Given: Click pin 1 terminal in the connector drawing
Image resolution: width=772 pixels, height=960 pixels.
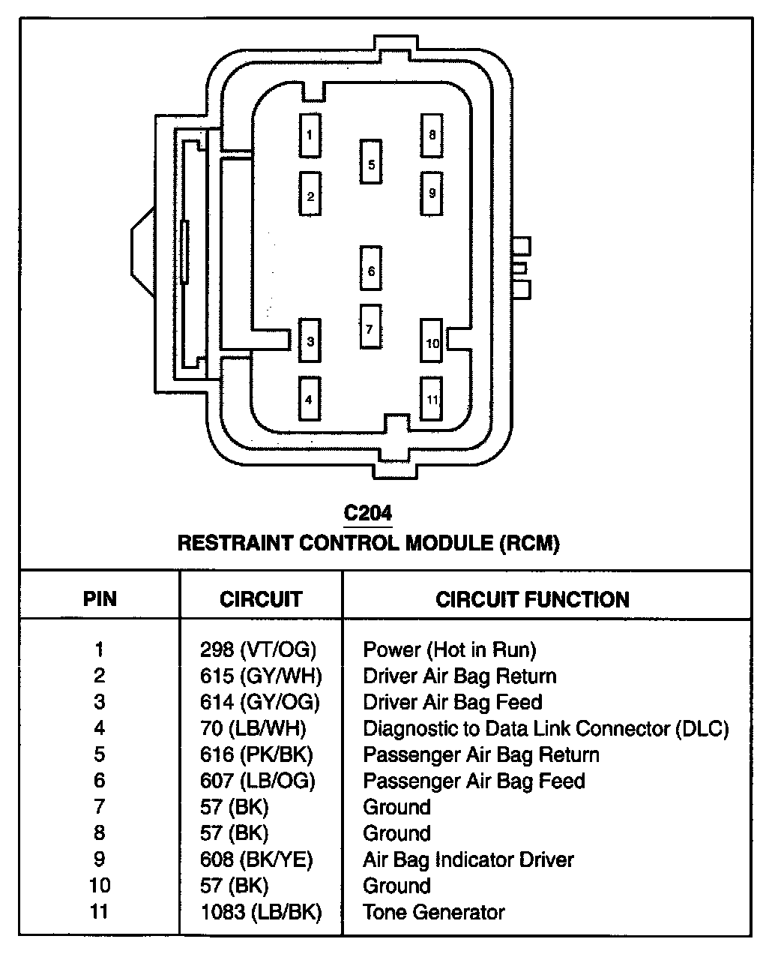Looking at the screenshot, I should [x=310, y=135].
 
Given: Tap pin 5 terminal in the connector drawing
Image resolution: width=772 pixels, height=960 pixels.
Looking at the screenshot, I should [x=371, y=161].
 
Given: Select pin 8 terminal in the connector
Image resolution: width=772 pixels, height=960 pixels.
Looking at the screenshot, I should [x=432, y=135].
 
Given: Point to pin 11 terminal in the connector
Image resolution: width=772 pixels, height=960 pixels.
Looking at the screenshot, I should [x=432, y=399].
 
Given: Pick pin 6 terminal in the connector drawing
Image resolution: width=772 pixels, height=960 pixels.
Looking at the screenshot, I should [x=371, y=268].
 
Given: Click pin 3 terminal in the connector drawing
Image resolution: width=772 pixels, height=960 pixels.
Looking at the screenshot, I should [x=310, y=341].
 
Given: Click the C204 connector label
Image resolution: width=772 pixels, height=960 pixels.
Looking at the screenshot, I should [x=367, y=514].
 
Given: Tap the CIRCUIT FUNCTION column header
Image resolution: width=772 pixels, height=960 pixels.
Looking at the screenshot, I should [x=532, y=599].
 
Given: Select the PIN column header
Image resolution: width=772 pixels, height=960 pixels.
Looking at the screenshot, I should [x=100, y=599].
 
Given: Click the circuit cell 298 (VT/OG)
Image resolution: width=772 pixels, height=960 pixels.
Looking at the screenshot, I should [x=258, y=649].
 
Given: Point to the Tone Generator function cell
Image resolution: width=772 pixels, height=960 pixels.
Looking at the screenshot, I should [x=433, y=912].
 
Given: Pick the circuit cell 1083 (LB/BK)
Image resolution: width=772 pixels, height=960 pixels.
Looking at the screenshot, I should [x=261, y=912].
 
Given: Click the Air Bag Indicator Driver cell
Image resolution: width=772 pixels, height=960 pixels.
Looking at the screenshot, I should [x=468, y=859].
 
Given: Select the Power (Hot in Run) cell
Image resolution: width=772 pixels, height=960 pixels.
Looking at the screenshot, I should [x=450, y=649].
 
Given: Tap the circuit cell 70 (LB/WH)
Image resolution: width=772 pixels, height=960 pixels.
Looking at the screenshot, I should [x=253, y=728].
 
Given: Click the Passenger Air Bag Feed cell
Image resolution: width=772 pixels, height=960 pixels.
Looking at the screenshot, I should [x=474, y=781].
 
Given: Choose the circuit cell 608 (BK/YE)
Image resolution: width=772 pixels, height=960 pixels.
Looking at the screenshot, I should [x=256, y=859].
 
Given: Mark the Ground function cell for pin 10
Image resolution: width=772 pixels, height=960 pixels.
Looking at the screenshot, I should [x=396, y=886].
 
